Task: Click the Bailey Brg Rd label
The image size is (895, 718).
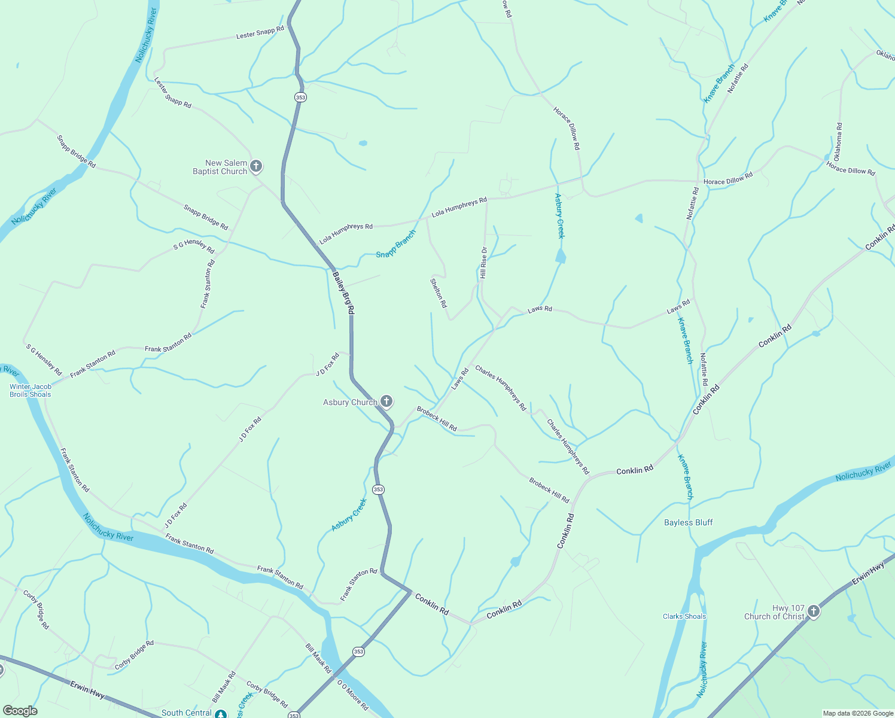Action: pyautogui.click(x=343, y=293)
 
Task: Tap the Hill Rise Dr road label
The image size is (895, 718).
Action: pyautogui.click(x=483, y=263)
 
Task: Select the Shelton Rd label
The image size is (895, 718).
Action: pyautogui.click(x=439, y=293)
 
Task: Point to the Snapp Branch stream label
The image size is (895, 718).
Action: pyautogui.click(x=395, y=244)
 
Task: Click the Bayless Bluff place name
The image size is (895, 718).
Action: pyautogui.click(x=688, y=522)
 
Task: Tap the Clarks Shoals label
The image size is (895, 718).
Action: pyautogui.click(x=684, y=616)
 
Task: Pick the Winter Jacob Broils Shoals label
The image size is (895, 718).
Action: pyautogui.click(x=31, y=391)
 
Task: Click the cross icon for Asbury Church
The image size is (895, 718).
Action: pyautogui.click(x=386, y=401)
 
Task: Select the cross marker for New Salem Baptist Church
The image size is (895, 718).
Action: pyautogui.click(x=256, y=166)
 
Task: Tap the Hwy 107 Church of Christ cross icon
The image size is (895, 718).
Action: pyautogui.click(x=813, y=611)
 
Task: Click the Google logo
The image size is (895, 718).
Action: pyautogui.click(x=20, y=711)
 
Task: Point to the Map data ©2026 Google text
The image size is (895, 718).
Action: pyautogui.click(x=858, y=713)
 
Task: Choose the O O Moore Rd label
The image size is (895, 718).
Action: pyautogui.click(x=352, y=695)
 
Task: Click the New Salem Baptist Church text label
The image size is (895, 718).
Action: pyautogui.click(x=220, y=167)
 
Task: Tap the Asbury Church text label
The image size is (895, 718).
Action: pyautogui.click(x=350, y=402)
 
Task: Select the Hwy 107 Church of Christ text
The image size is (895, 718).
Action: pyautogui.click(x=775, y=612)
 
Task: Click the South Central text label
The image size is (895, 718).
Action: pyautogui.click(x=187, y=713)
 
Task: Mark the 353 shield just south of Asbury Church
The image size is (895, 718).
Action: pyautogui.click(x=378, y=489)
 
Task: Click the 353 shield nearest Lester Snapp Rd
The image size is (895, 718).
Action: pyautogui.click(x=300, y=97)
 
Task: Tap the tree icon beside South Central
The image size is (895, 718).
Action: pyautogui.click(x=221, y=714)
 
